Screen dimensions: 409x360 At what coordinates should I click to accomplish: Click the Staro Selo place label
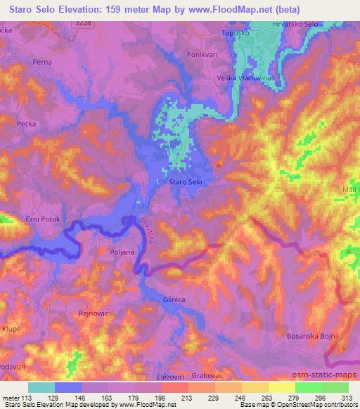click(x=186, y=182)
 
